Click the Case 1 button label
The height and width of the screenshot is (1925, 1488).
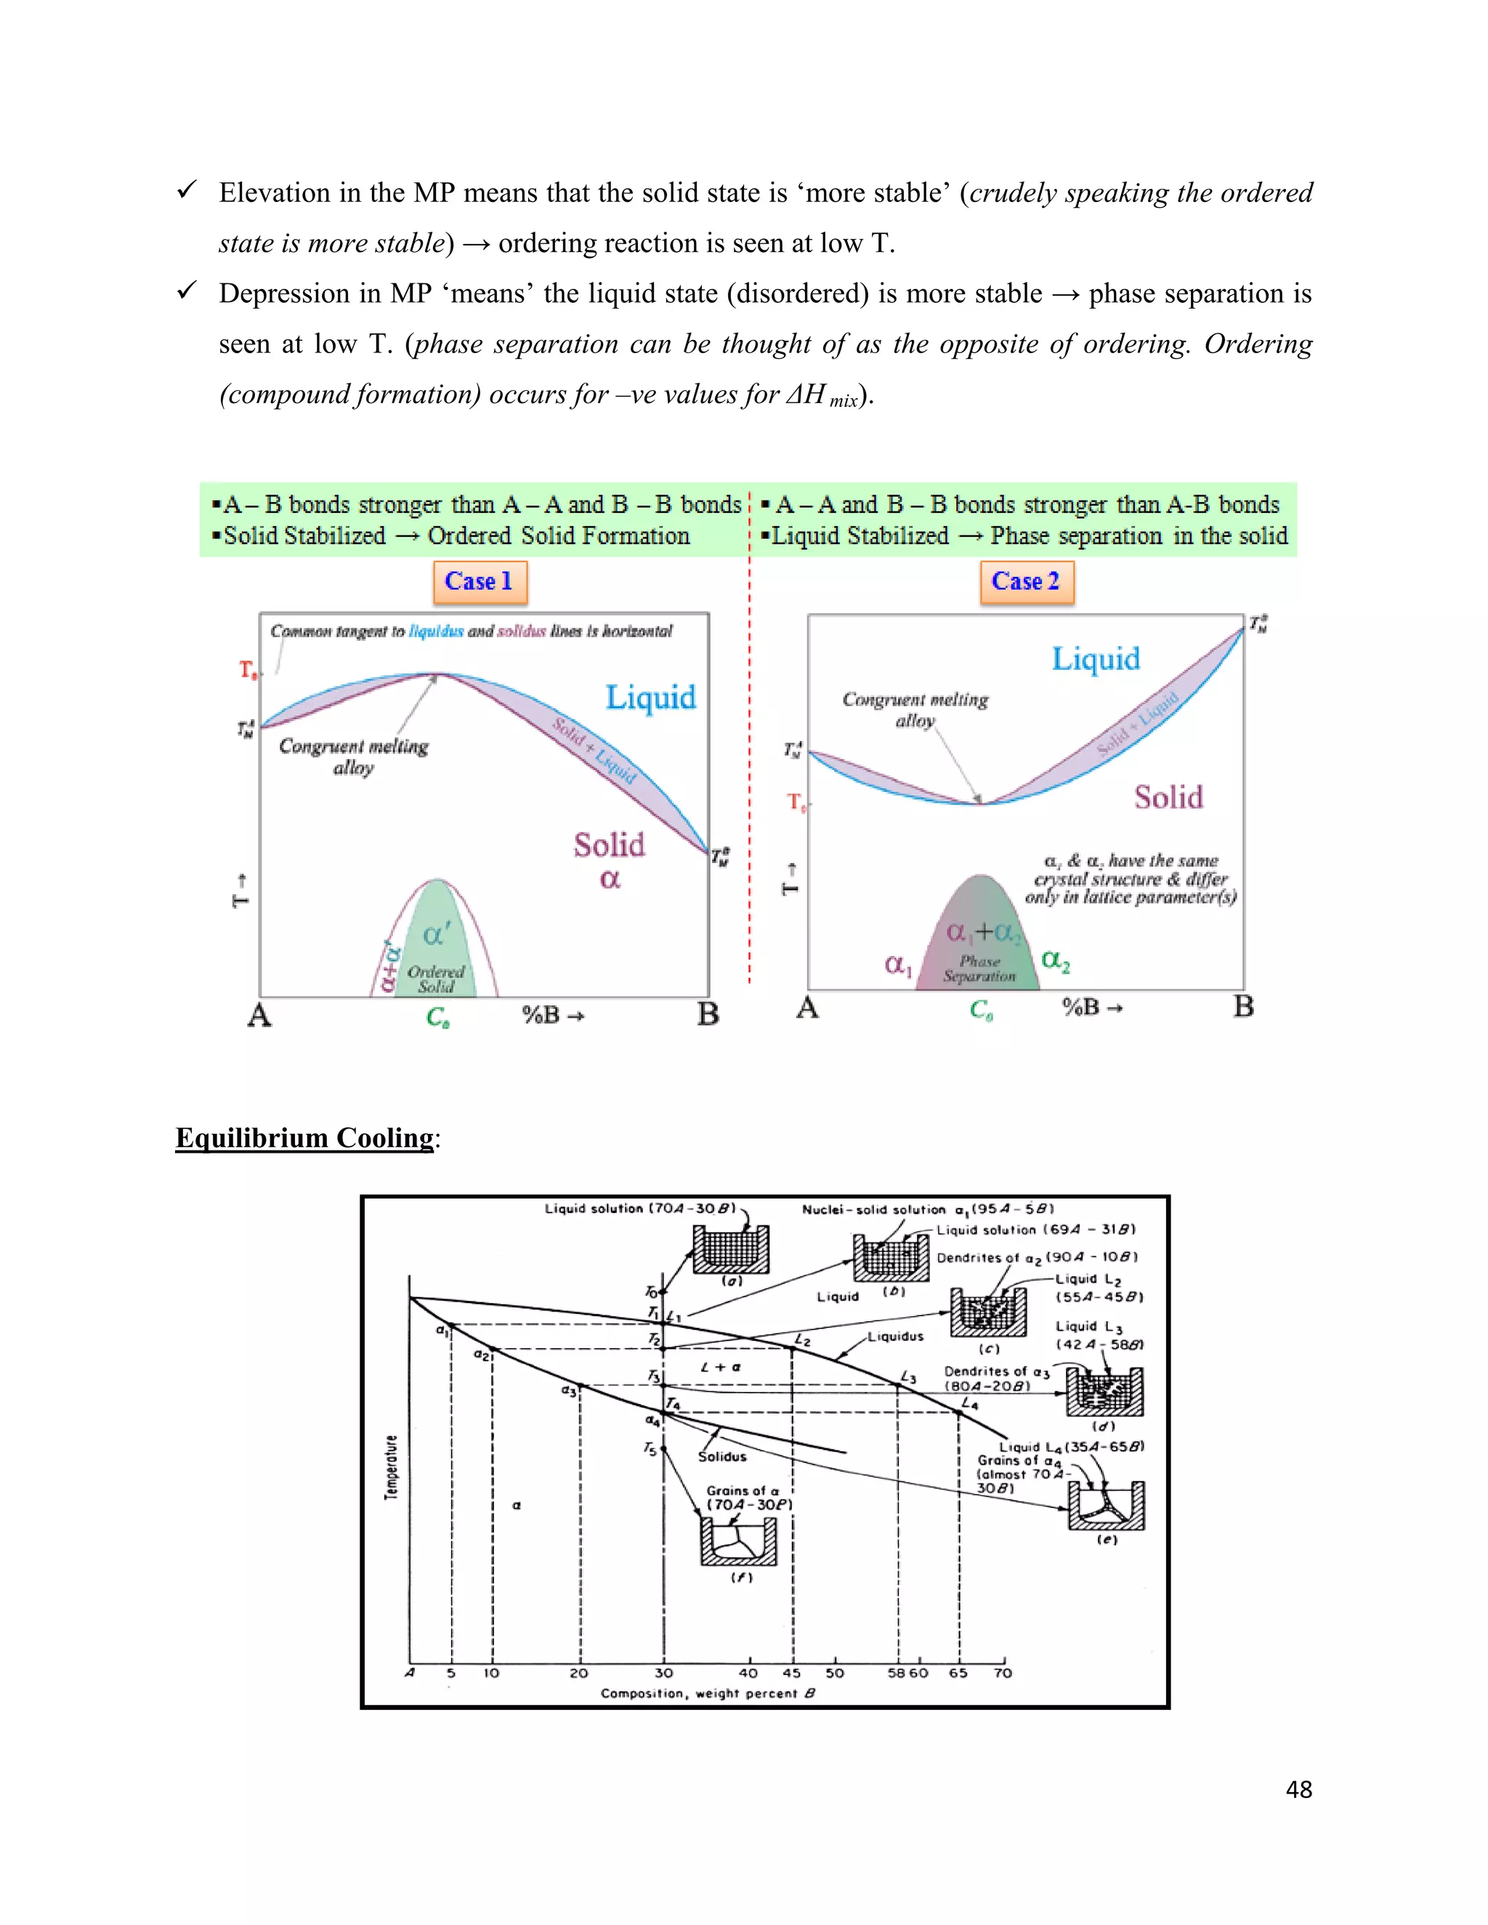(479, 582)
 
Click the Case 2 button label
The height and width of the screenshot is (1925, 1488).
(1025, 582)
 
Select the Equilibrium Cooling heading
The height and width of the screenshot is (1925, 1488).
(305, 1138)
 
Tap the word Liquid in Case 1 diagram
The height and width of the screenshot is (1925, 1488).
(650, 698)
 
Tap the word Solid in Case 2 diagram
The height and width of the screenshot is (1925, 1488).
(1168, 798)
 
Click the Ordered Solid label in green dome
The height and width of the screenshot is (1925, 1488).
(435, 978)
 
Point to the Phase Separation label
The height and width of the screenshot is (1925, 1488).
(979, 968)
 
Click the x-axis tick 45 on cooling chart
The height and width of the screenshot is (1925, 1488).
(792, 1673)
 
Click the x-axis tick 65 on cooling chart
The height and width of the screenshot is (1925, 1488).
(958, 1673)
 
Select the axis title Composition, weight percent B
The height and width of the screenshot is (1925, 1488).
(708, 1693)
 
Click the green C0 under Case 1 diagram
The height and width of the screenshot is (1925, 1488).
(438, 1017)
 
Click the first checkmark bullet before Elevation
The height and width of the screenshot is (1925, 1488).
(186, 190)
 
